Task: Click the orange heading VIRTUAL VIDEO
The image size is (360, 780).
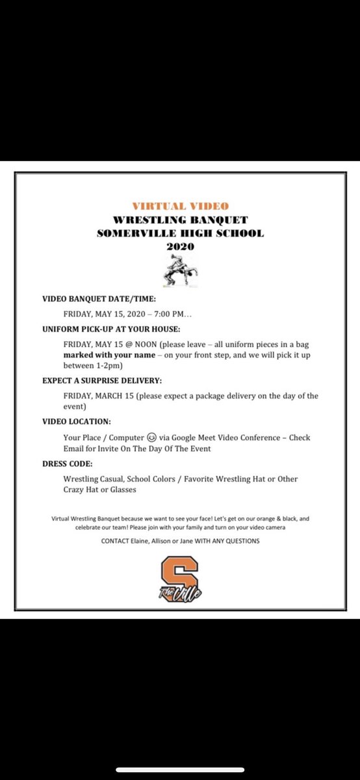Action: (x=180, y=206)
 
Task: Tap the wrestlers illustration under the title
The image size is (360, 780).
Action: (x=180, y=270)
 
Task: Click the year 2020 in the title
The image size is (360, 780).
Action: (x=180, y=246)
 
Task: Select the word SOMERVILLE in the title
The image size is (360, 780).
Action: (x=133, y=233)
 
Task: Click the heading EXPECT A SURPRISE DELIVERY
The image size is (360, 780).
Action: (x=102, y=381)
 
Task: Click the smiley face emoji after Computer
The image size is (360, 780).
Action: (x=150, y=437)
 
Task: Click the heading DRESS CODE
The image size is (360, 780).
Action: (x=67, y=463)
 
